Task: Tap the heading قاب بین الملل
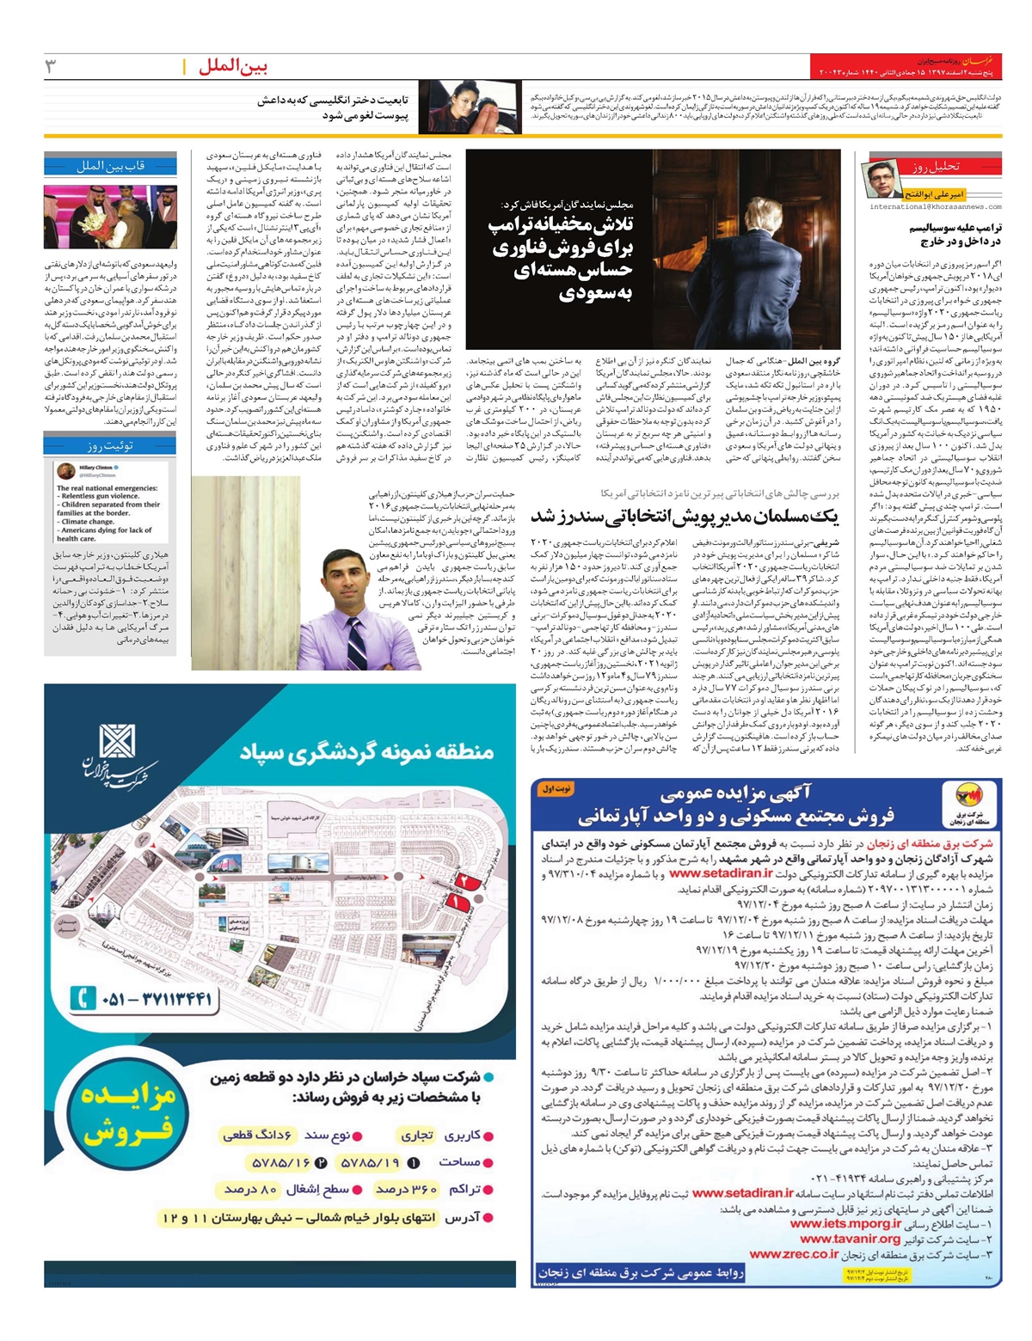(x=110, y=166)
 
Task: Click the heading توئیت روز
(x=110, y=445)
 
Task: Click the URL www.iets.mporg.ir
(x=845, y=1223)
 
